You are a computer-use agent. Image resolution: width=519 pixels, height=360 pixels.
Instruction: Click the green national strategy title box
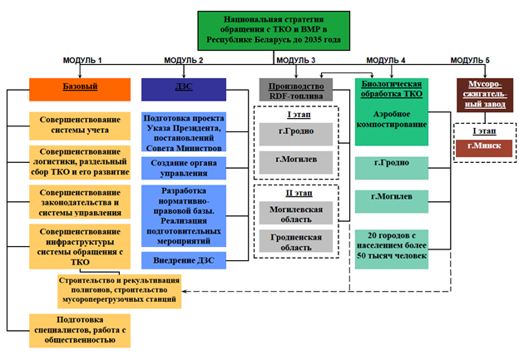coord(259,32)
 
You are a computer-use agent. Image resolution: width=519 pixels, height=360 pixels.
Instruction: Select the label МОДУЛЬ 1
coord(82,61)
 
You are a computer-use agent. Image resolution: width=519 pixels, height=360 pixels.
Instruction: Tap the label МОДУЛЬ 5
coord(470,61)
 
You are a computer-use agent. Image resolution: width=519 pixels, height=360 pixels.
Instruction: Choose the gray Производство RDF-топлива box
coord(295,89)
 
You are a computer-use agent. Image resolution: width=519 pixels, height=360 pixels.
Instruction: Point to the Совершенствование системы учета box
coord(80,125)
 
